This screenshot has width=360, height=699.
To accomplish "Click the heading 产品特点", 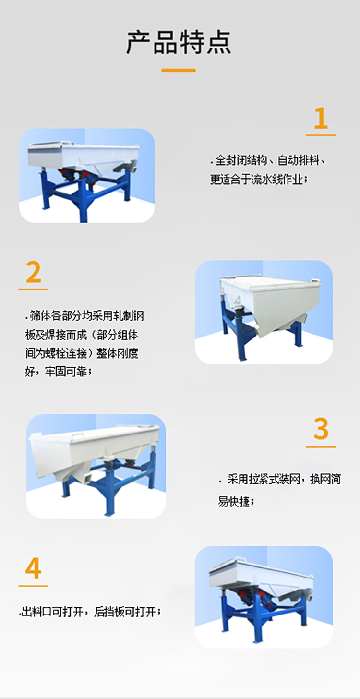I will pos(179,42).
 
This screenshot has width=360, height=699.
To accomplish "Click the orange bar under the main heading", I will pos(179,70).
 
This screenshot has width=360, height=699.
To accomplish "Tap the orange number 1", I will pos(321,119).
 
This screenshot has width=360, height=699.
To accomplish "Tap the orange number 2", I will pos(33,272).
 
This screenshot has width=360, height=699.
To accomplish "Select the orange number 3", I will pos(321,429).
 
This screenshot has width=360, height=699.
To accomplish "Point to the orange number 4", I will pos(33,569).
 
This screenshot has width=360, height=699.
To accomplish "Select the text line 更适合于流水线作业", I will pos(257,180).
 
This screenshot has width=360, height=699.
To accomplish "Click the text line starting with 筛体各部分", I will pos(85,316).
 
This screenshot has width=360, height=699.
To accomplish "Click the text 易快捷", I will pos(235,502).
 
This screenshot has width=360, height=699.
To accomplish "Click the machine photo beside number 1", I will pos(86,175).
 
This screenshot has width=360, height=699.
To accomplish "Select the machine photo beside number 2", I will pos(264,312).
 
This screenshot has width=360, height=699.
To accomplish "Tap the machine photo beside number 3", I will pos(96,466).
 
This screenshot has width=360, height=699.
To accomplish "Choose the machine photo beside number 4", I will pos(264,597).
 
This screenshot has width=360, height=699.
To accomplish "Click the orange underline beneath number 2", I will pos(33,289).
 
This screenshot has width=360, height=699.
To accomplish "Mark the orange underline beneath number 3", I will pos(321,447).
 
